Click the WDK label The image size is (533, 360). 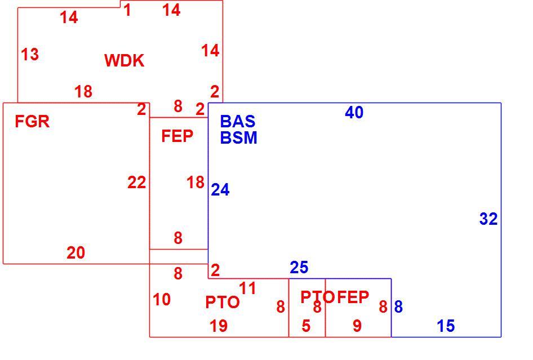[125, 60]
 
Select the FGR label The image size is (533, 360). [32, 121]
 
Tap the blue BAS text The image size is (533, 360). [238, 121]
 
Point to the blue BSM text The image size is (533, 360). [239, 137]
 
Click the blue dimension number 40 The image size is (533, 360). [354, 112]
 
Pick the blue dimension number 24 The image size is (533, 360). [220, 190]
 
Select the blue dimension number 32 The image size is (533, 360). [488, 219]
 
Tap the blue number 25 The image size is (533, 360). [299, 267]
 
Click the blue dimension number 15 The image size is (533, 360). [446, 326]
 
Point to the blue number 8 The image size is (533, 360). [398, 306]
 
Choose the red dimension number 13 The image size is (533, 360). [30, 55]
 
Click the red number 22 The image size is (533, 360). [137, 183]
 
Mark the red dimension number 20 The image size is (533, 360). [76, 252]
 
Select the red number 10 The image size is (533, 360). [162, 300]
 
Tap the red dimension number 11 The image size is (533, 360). [247, 288]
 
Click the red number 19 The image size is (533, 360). [219, 326]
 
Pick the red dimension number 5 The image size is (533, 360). [306, 326]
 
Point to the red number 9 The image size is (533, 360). [357, 326]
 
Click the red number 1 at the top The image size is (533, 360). [127, 10]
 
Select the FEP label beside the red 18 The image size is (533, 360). [177, 136]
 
